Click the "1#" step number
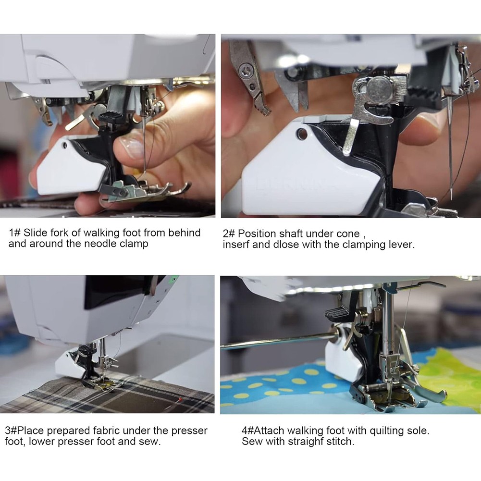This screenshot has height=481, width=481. (14, 233)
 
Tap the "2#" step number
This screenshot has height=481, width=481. (229, 234)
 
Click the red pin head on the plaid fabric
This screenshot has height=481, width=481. (180, 399)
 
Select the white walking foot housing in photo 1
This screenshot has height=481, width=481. (70, 167)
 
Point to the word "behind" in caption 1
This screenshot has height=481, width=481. (185, 233)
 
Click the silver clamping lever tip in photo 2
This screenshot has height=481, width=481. (347, 151)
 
